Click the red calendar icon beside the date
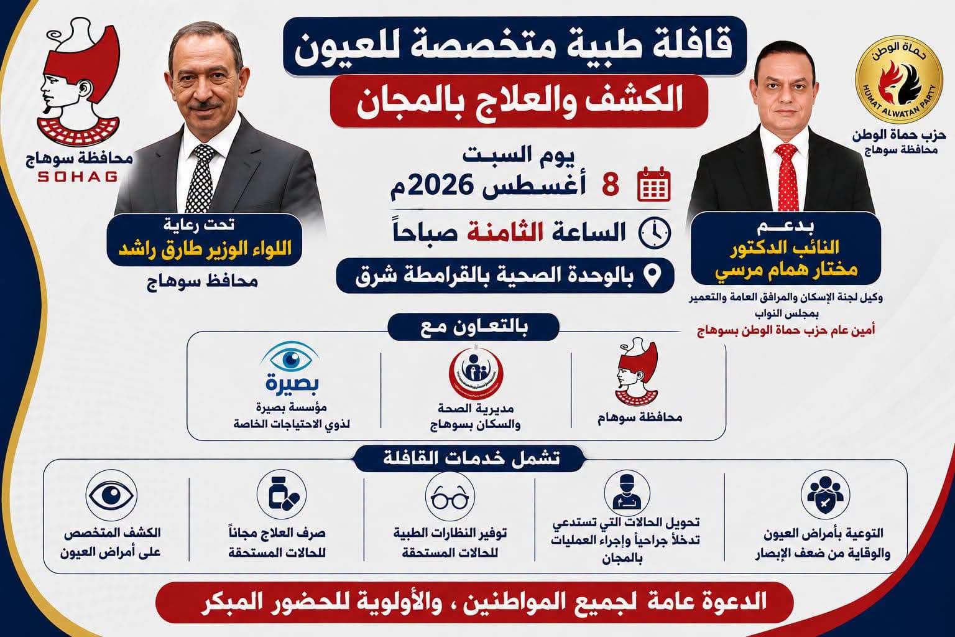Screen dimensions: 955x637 click(654, 185)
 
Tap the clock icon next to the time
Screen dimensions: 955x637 click(655, 233)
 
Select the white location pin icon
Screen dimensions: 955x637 click(653, 276)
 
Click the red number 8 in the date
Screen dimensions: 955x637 click(611, 185)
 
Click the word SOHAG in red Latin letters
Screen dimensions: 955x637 click(78, 176)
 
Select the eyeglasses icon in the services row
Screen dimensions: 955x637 click(450, 496)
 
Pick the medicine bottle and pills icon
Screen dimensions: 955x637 click(282, 495)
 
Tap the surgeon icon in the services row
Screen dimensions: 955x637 click(627, 494)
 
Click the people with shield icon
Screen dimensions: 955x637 click(826, 495)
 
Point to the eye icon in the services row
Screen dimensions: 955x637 click(111, 495)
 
